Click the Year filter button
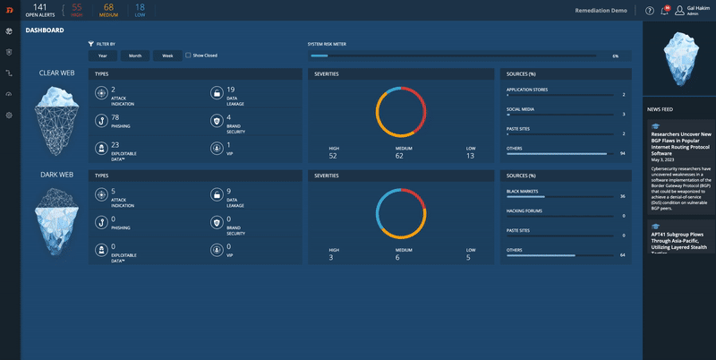pos(103,56)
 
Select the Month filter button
pos(135,56)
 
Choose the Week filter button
pos(167,56)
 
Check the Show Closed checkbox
pos(188,56)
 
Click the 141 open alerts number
pos(39,7)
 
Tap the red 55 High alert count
pos(77,7)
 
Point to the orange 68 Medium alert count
pos(108,7)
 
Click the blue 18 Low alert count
pos(140,7)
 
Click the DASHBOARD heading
pos(45,30)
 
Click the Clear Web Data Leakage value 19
pos(230,90)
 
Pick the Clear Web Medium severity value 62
pos(399,156)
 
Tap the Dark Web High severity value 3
pos(333,258)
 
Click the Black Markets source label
pos(522,191)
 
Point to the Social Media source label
pos(521,108)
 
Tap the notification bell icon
pos(665,11)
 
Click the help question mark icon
pos(649,11)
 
